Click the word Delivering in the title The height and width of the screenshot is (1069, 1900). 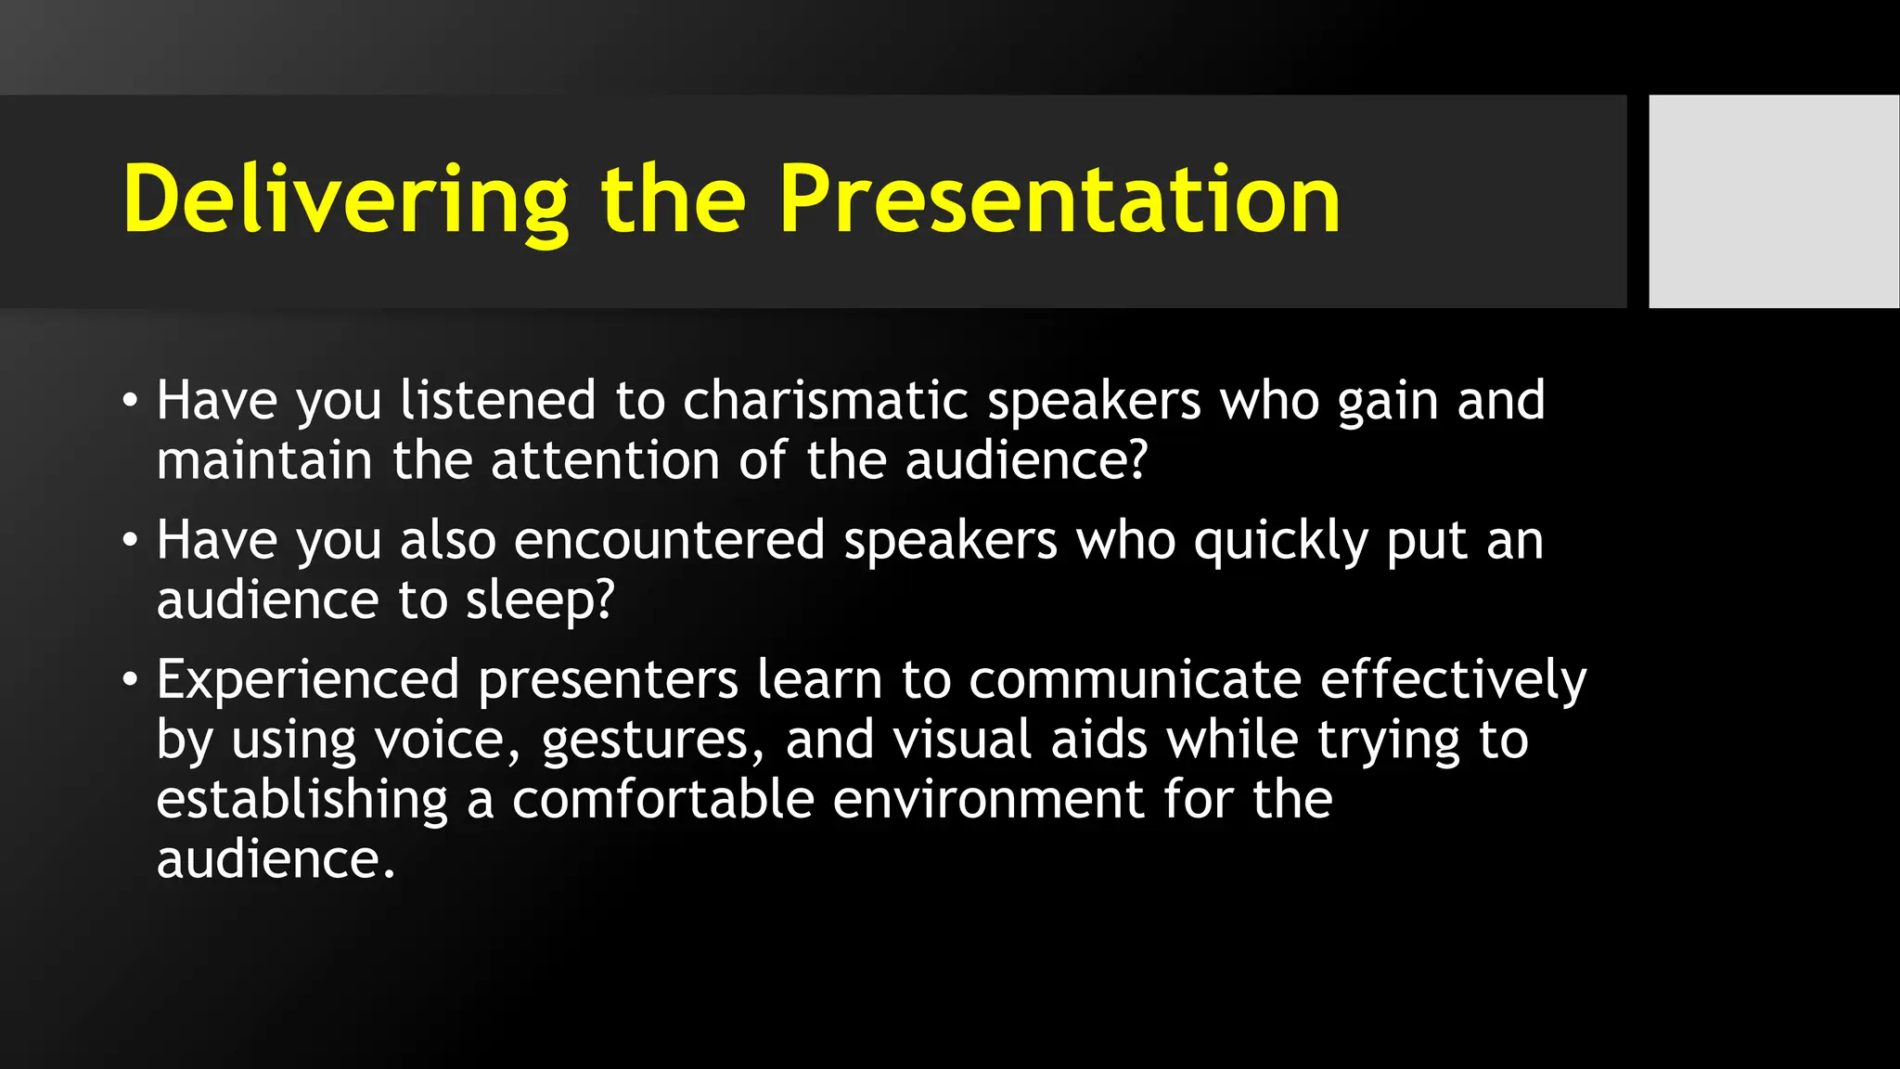click(x=345, y=200)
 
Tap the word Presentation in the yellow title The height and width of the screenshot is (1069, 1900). click(x=1059, y=200)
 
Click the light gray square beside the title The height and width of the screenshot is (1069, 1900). click(x=1773, y=200)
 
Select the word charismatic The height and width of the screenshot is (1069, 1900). click(x=826, y=401)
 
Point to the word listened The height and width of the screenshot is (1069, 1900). click(x=498, y=401)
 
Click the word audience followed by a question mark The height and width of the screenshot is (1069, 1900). click(x=1025, y=460)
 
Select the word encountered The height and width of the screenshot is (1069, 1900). click(x=669, y=540)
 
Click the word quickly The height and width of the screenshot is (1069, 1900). click(x=1280, y=542)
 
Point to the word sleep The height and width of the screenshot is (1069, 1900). click(x=540, y=601)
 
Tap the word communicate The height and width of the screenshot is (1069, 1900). click(x=1136, y=679)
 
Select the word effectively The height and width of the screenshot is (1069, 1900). click(x=1453, y=681)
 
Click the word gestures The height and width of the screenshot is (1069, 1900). click(x=652, y=741)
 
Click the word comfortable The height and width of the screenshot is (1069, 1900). click(x=662, y=799)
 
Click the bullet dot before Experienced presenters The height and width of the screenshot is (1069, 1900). click(x=130, y=681)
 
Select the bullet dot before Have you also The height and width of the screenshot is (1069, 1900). click(x=130, y=541)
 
